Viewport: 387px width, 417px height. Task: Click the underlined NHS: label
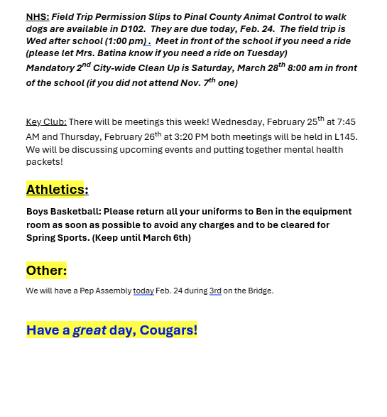pyautogui.click(x=38, y=16)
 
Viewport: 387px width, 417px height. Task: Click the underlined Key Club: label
pyautogui.click(x=46, y=122)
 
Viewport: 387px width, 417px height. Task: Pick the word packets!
pyautogui.click(x=44, y=162)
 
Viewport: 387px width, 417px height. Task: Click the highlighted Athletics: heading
pyautogui.click(x=57, y=190)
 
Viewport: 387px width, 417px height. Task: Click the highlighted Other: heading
pyautogui.click(x=46, y=271)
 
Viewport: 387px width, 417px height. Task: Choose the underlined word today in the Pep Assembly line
pyautogui.click(x=143, y=291)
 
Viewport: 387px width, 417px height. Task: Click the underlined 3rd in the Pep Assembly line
pyautogui.click(x=215, y=291)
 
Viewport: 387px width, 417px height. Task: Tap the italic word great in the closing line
pyautogui.click(x=89, y=330)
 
